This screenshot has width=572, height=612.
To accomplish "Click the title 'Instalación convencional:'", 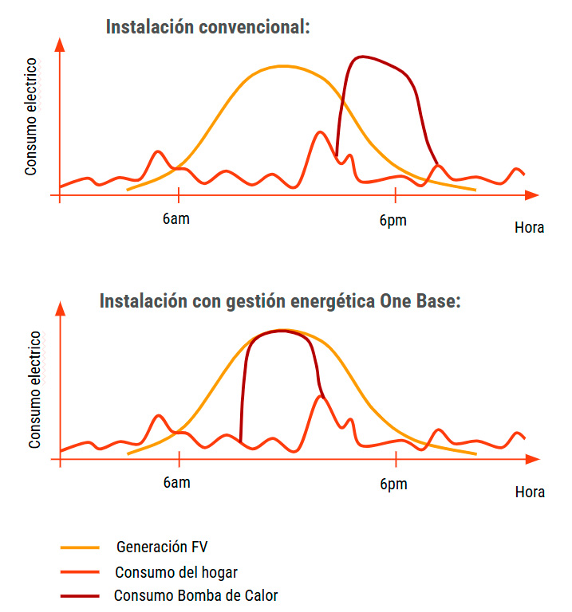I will pos(207,27).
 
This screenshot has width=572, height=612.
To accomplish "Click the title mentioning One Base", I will pos(280,301).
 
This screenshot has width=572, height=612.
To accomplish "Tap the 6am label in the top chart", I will pos(176,219).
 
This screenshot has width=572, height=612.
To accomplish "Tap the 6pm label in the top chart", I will pos(393,220).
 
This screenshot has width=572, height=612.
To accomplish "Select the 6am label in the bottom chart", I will pos(176,484).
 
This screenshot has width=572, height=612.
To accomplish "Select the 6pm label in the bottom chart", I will pos(393,484).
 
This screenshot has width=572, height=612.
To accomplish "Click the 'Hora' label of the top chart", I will pos(529,228).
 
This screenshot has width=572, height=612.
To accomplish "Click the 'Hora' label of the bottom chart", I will pos(530,492).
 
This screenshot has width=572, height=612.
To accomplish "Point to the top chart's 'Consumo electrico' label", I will pos(31,116).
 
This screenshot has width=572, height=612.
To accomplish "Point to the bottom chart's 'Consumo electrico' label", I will pos(35,390).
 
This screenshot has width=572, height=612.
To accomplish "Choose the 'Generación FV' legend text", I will pos(162,547).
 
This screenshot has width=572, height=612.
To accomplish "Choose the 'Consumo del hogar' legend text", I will pos(176,572).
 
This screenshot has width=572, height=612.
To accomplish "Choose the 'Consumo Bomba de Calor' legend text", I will pos(195,595).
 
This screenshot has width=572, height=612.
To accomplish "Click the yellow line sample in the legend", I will pos(80,548).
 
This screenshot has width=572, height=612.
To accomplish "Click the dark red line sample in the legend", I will pos(80,596).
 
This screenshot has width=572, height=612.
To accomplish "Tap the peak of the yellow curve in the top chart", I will pos(283,65).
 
